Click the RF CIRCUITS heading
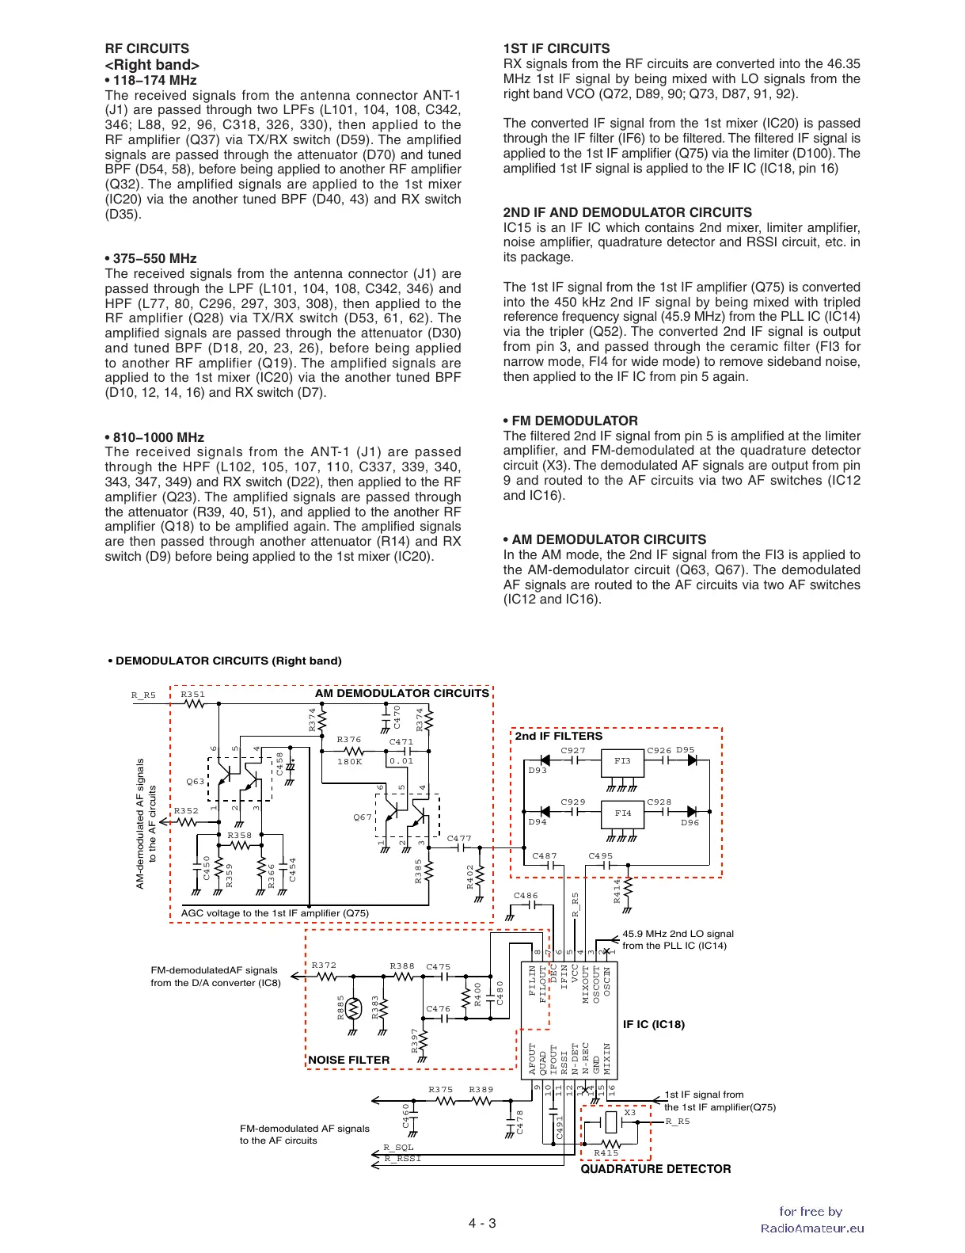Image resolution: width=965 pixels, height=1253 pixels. tap(146, 48)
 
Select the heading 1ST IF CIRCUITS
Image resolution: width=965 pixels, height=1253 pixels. tap(557, 48)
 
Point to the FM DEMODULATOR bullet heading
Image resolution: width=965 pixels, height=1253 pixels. tap(571, 421)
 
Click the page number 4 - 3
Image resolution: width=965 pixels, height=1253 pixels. tap(482, 1223)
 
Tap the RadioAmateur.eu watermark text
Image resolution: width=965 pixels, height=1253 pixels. tap(812, 1228)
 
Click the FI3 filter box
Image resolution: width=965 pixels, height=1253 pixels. tap(622, 761)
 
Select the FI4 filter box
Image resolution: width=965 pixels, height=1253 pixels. tap(622, 813)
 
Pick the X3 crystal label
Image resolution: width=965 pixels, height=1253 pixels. tap(629, 1112)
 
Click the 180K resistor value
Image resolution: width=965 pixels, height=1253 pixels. tap(349, 761)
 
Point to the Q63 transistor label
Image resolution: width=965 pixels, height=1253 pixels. tap(195, 782)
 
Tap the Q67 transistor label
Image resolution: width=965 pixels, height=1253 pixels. tap(363, 817)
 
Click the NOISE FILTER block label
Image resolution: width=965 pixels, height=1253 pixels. tap(349, 1060)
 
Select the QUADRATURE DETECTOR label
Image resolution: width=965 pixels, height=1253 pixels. tap(655, 1169)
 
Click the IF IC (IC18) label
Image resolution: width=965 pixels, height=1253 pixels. tap(654, 1024)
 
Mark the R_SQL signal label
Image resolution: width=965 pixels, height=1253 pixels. tap(398, 1147)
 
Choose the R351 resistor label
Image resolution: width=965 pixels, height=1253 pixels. tap(192, 694)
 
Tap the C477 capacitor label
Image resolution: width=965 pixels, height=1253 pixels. tap(459, 838)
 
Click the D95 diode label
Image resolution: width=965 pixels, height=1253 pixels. tap(685, 749)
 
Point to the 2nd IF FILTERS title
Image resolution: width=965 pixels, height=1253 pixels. tap(559, 736)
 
